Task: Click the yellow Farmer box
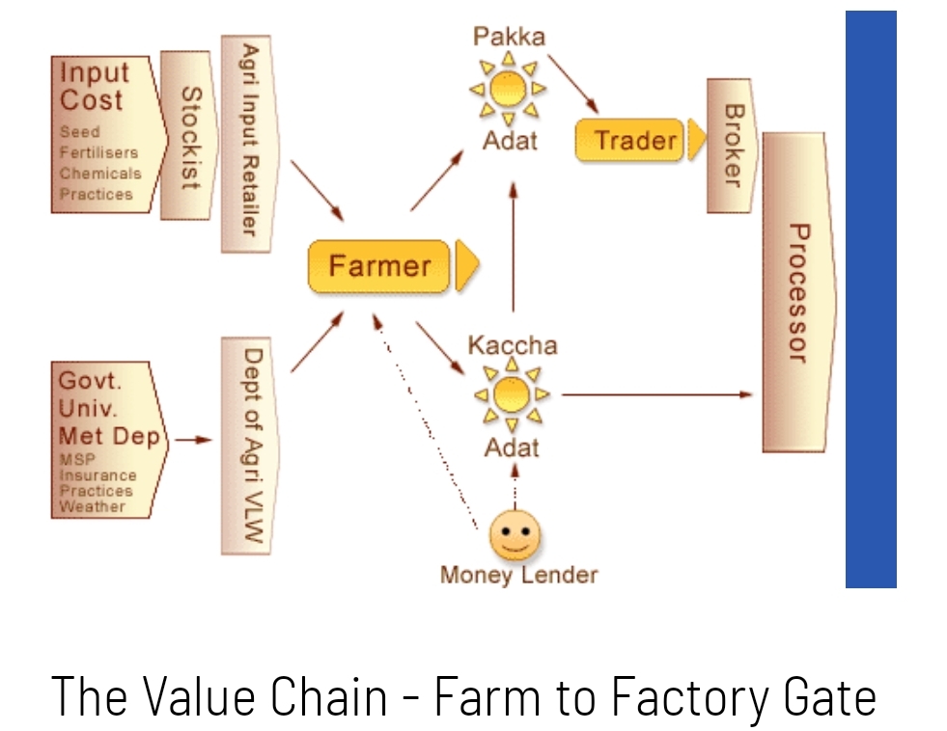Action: pos(378,265)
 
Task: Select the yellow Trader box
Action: pos(629,141)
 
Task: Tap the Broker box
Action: pos(730,146)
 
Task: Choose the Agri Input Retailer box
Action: pos(248,142)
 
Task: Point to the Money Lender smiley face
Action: pos(515,535)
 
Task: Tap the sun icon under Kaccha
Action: pos(512,394)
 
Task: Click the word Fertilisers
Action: pos(98,152)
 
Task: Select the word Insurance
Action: pos(97,475)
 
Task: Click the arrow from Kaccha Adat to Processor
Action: pos(656,394)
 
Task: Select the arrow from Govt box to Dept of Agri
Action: pos(194,440)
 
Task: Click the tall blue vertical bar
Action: pos(871,299)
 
